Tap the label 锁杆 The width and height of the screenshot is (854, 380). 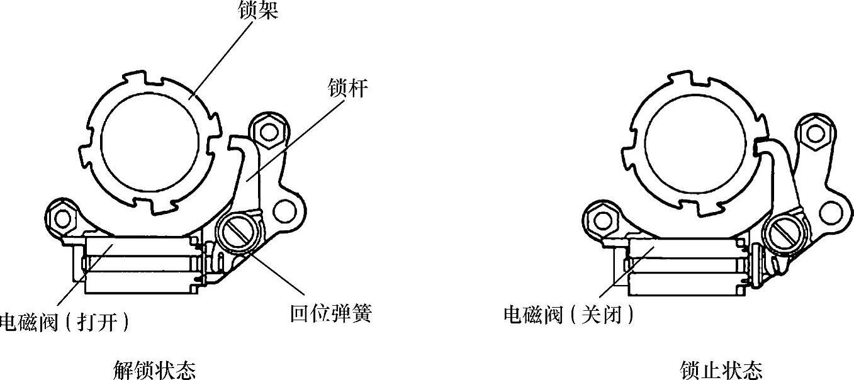pyautogui.click(x=347, y=88)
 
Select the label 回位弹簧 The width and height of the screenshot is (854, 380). pyautogui.click(x=331, y=313)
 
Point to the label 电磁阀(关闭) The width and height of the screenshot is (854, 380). pyautogui.click(x=569, y=313)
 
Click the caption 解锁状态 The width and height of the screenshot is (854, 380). pyautogui.click(x=155, y=369)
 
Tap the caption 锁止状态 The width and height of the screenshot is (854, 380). pyautogui.click(x=721, y=369)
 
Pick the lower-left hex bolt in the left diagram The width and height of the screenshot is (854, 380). pyautogui.click(x=62, y=218)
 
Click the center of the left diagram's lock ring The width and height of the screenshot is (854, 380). pyautogui.click(x=151, y=138)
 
